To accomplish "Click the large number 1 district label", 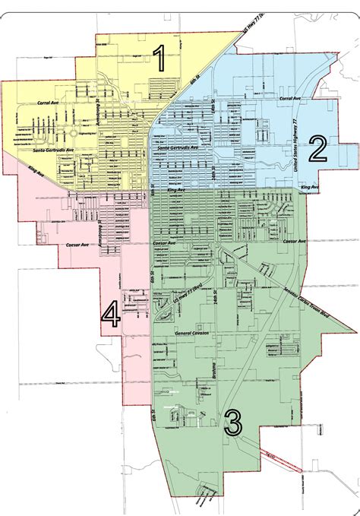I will point(160,58).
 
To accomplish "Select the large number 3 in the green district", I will point(233,420).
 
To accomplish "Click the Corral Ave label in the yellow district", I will point(48,101).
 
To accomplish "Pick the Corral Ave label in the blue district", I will point(291,98).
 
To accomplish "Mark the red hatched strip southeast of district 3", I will point(286,459).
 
